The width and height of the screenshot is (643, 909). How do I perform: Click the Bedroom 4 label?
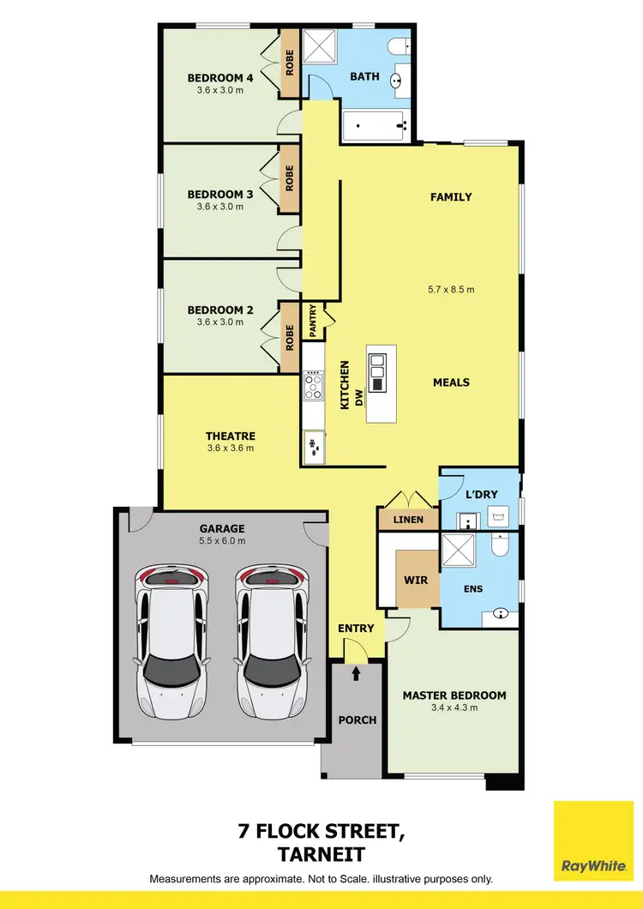pyautogui.click(x=220, y=78)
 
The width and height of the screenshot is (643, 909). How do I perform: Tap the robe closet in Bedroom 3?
pyautogui.click(x=290, y=178)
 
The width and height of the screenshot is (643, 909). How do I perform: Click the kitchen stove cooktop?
pyautogui.click(x=313, y=388)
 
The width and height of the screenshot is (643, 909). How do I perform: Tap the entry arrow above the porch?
pyautogui.click(x=356, y=675)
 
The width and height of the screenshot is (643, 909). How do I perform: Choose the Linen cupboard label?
pyautogui.click(x=408, y=521)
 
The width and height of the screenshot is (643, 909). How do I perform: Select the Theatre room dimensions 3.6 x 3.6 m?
pyautogui.click(x=230, y=448)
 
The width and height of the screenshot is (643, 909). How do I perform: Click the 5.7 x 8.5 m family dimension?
pyautogui.click(x=452, y=289)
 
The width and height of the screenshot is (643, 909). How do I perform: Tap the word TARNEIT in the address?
pyautogui.click(x=321, y=854)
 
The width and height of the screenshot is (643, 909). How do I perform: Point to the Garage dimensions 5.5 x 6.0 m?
pyautogui.click(x=222, y=540)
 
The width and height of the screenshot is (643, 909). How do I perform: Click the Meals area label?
pyautogui.click(x=451, y=382)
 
